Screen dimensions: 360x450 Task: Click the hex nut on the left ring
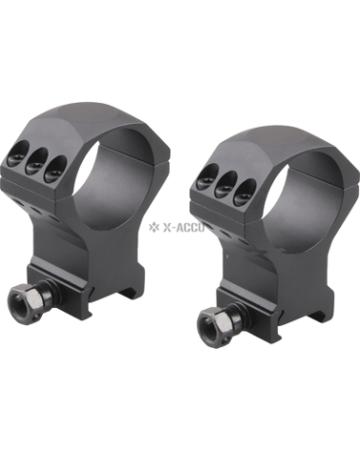[x=27, y=298]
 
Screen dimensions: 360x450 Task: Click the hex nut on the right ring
[x=215, y=325]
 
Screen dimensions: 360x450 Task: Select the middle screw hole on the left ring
[x=35, y=163]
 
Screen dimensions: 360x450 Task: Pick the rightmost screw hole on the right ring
[x=242, y=192]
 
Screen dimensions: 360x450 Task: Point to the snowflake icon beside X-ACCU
[x=154, y=227]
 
